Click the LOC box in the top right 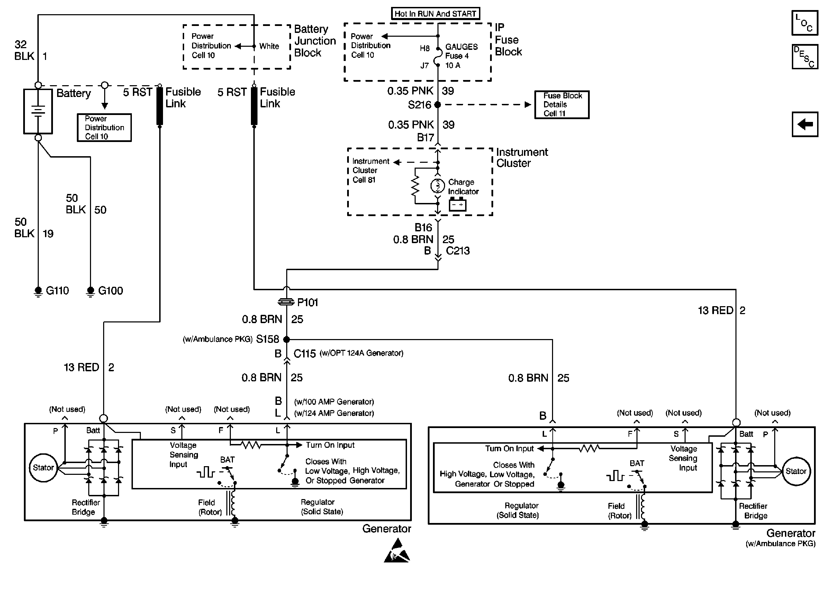point(805,23)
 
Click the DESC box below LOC point(805,57)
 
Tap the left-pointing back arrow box point(805,124)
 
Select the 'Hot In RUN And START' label point(435,14)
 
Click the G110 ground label point(57,291)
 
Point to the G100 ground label point(110,291)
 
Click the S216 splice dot point(437,105)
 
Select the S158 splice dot point(287,339)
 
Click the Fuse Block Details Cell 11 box point(562,105)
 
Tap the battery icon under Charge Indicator point(458,204)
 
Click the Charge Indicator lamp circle point(437,186)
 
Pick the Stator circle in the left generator point(44,468)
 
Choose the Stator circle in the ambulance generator point(796,471)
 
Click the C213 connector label point(458,251)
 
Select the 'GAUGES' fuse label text point(462,46)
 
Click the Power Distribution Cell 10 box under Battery point(104,127)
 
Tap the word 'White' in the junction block point(269,46)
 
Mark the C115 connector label point(305,354)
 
